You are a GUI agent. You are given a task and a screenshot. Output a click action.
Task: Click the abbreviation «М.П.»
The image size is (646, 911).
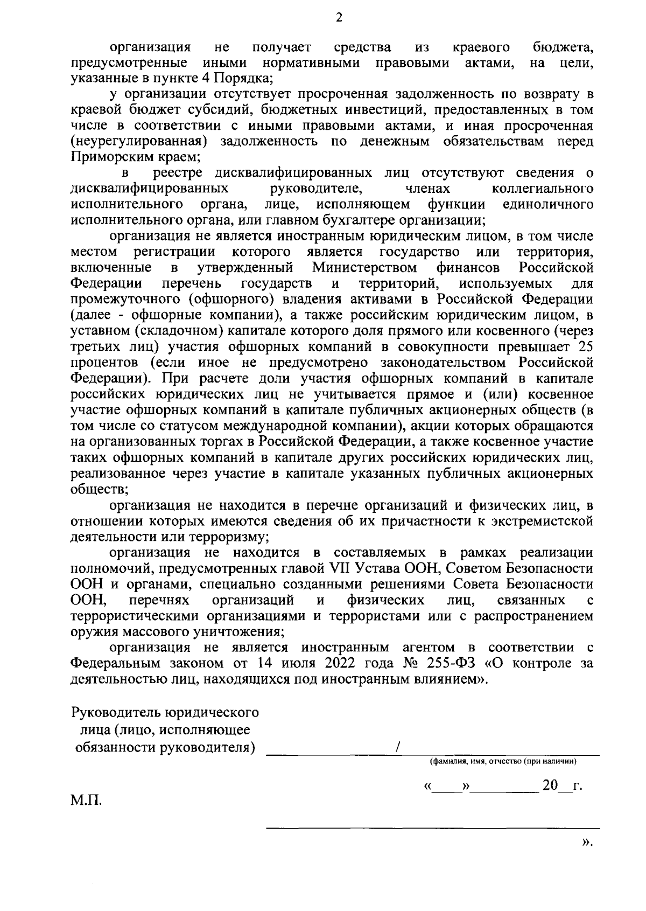click(86, 801)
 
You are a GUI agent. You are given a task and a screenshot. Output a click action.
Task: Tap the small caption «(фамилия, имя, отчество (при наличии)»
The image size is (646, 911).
click(503, 762)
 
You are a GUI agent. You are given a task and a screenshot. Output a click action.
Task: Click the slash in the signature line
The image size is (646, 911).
click(397, 748)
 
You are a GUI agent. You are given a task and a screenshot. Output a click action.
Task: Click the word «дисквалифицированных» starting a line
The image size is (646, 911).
click(149, 189)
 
